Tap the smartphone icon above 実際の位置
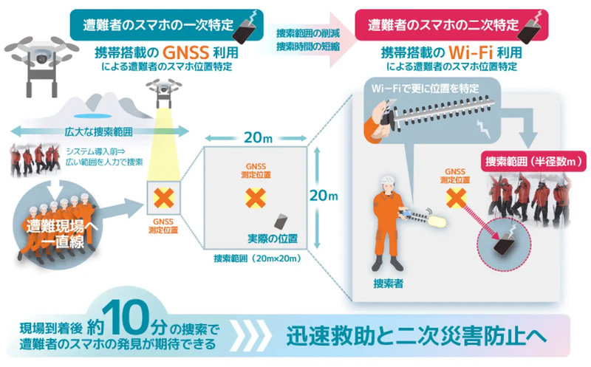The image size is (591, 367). [282, 222]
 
